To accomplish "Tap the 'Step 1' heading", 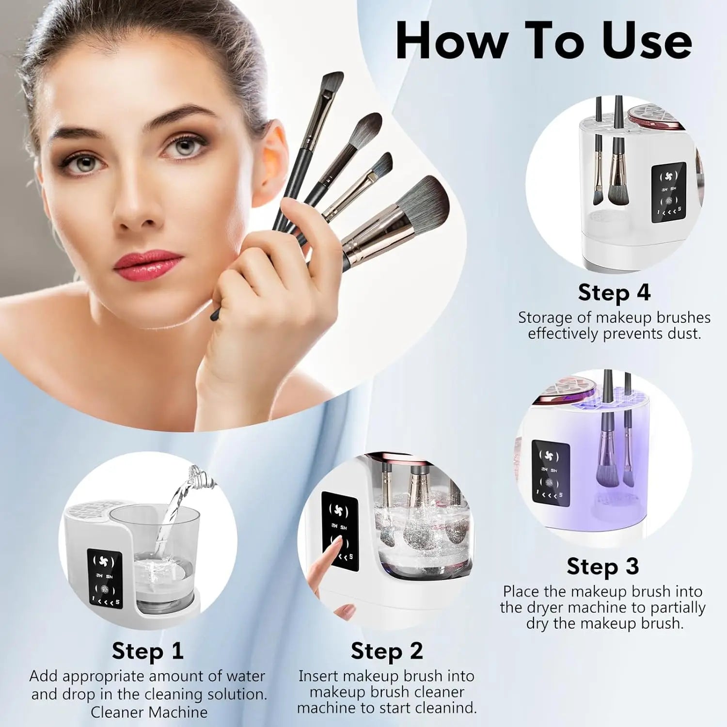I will tap(147, 650).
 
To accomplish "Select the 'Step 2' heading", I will tap(387, 650).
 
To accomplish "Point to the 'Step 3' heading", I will tap(602, 566).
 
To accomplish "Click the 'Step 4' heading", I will tap(614, 292).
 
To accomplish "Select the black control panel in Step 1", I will tap(104, 579).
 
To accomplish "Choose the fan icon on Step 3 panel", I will tap(550, 457).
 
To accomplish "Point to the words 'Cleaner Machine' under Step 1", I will tap(149, 712).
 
